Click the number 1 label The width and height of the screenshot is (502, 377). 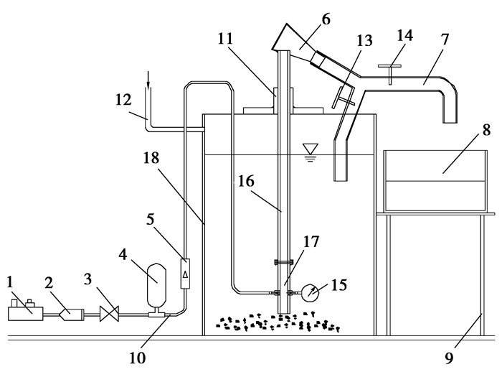click(x=11, y=282)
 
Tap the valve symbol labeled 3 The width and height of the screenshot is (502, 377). click(x=109, y=314)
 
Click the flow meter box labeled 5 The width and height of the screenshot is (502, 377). click(x=185, y=274)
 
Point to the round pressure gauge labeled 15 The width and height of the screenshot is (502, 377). click(x=311, y=292)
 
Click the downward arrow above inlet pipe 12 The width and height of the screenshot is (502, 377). click(x=148, y=80)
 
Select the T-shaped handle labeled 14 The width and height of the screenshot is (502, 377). click(x=389, y=73)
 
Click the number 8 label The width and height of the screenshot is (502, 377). click(x=486, y=131)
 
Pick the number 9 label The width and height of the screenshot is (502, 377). click(x=450, y=358)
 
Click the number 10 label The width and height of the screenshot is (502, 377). click(x=138, y=358)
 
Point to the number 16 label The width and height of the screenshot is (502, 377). click(x=246, y=182)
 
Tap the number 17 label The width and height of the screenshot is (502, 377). click(x=311, y=242)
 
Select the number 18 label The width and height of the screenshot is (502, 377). click(x=151, y=158)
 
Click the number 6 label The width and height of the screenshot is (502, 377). click(x=326, y=19)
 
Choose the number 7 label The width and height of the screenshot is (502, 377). click(x=445, y=39)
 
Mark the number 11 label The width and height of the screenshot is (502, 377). click(x=225, y=39)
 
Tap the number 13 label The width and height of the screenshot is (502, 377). click(x=364, y=41)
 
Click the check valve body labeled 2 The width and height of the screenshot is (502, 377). click(x=71, y=315)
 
